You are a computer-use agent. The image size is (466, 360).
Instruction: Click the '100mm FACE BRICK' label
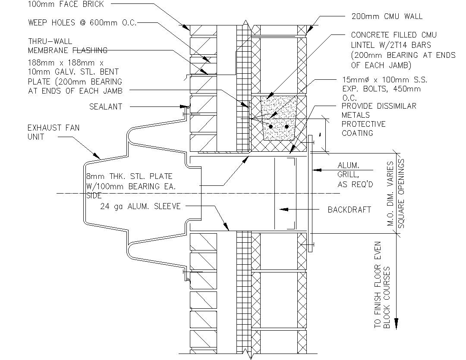pyautogui.click(x=66, y=4)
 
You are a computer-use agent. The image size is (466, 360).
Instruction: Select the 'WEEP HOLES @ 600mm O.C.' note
pyautogui.click(x=82, y=22)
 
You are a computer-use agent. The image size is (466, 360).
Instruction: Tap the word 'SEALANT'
pyautogui.click(x=106, y=106)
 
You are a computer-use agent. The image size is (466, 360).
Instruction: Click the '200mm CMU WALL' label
pyautogui.click(x=387, y=16)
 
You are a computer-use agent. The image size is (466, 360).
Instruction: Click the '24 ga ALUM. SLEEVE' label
pyautogui.click(x=140, y=206)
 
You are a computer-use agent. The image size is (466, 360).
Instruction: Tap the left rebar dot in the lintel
pyautogui.click(x=271, y=126)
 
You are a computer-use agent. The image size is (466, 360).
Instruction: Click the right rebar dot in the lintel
pyautogui.click(x=286, y=126)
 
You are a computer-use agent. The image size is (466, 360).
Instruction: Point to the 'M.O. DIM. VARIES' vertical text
pyautogui.click(x=390, y=194)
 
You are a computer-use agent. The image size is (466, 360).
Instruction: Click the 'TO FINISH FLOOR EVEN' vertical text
pyautogui.click(x=378, y=285)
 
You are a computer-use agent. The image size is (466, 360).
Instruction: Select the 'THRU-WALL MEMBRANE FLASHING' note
pyautogui.click(x=67, y=46)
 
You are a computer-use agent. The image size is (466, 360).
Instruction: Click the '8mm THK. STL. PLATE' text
pyautogui.click(x=129, y=176)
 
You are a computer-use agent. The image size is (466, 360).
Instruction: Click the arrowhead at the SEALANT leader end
pyautogui.click(x=188, y=106)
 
